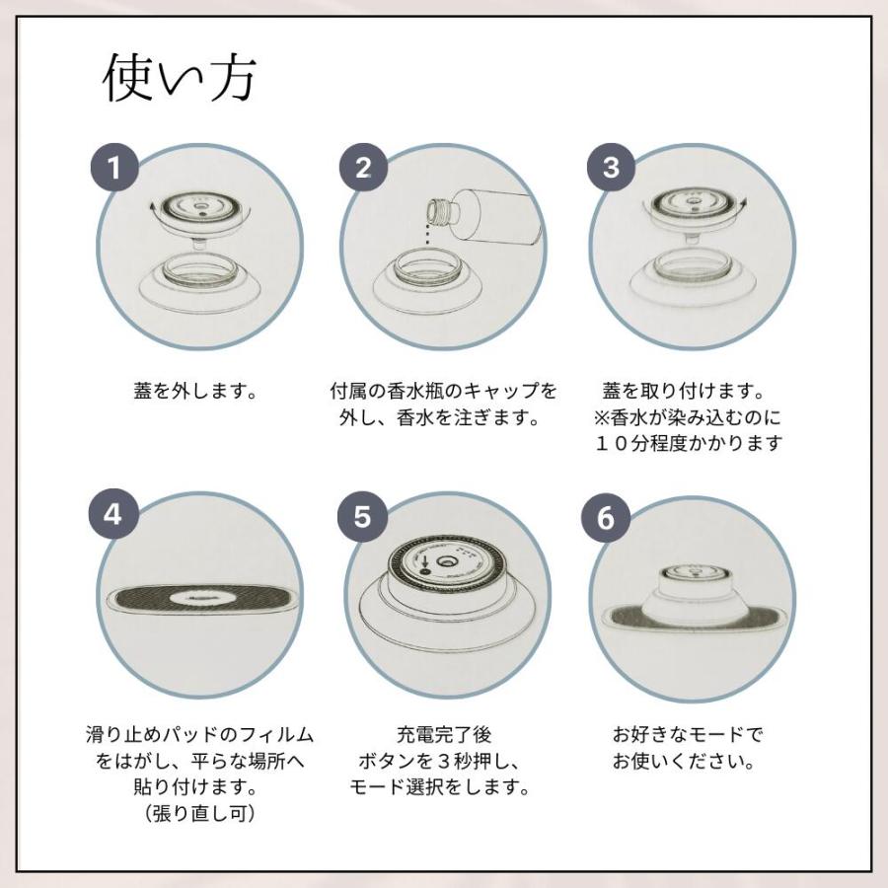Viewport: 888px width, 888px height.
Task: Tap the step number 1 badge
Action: coord(115,168)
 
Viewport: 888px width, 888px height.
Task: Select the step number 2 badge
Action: coord(363,168)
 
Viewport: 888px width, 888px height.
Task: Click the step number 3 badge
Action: coord(611,168)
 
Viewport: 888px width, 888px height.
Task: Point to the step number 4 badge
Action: coord(113,515)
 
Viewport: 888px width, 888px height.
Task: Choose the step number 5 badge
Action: coord(362,517)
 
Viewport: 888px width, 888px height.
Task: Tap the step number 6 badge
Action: coord(606,518)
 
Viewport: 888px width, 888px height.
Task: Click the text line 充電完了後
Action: coord(443,734)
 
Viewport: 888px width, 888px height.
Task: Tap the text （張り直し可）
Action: coord(198,814)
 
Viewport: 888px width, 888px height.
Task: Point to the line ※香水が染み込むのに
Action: coord(687,418)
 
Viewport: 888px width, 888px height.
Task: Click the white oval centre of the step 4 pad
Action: coord(198,598)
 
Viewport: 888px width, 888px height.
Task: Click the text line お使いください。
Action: coord(684,761)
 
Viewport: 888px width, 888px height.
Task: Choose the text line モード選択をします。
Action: coord(439,786)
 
